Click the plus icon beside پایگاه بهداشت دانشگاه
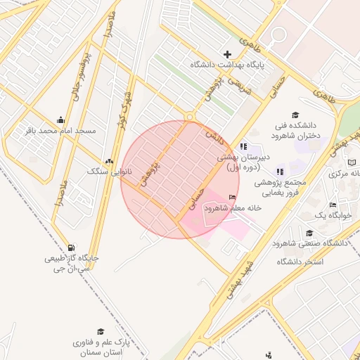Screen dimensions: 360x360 (x=227, y=54)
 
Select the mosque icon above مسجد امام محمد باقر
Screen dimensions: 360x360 (x=60, y=119)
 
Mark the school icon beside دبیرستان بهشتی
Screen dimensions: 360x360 (x=243, y=146)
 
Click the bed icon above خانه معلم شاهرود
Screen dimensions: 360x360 (x=233, y=198)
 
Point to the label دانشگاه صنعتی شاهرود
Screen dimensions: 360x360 (x=310, y=243)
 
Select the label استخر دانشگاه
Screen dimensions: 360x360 (x=299, y=262)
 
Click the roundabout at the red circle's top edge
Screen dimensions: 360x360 (x=188, y=117)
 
